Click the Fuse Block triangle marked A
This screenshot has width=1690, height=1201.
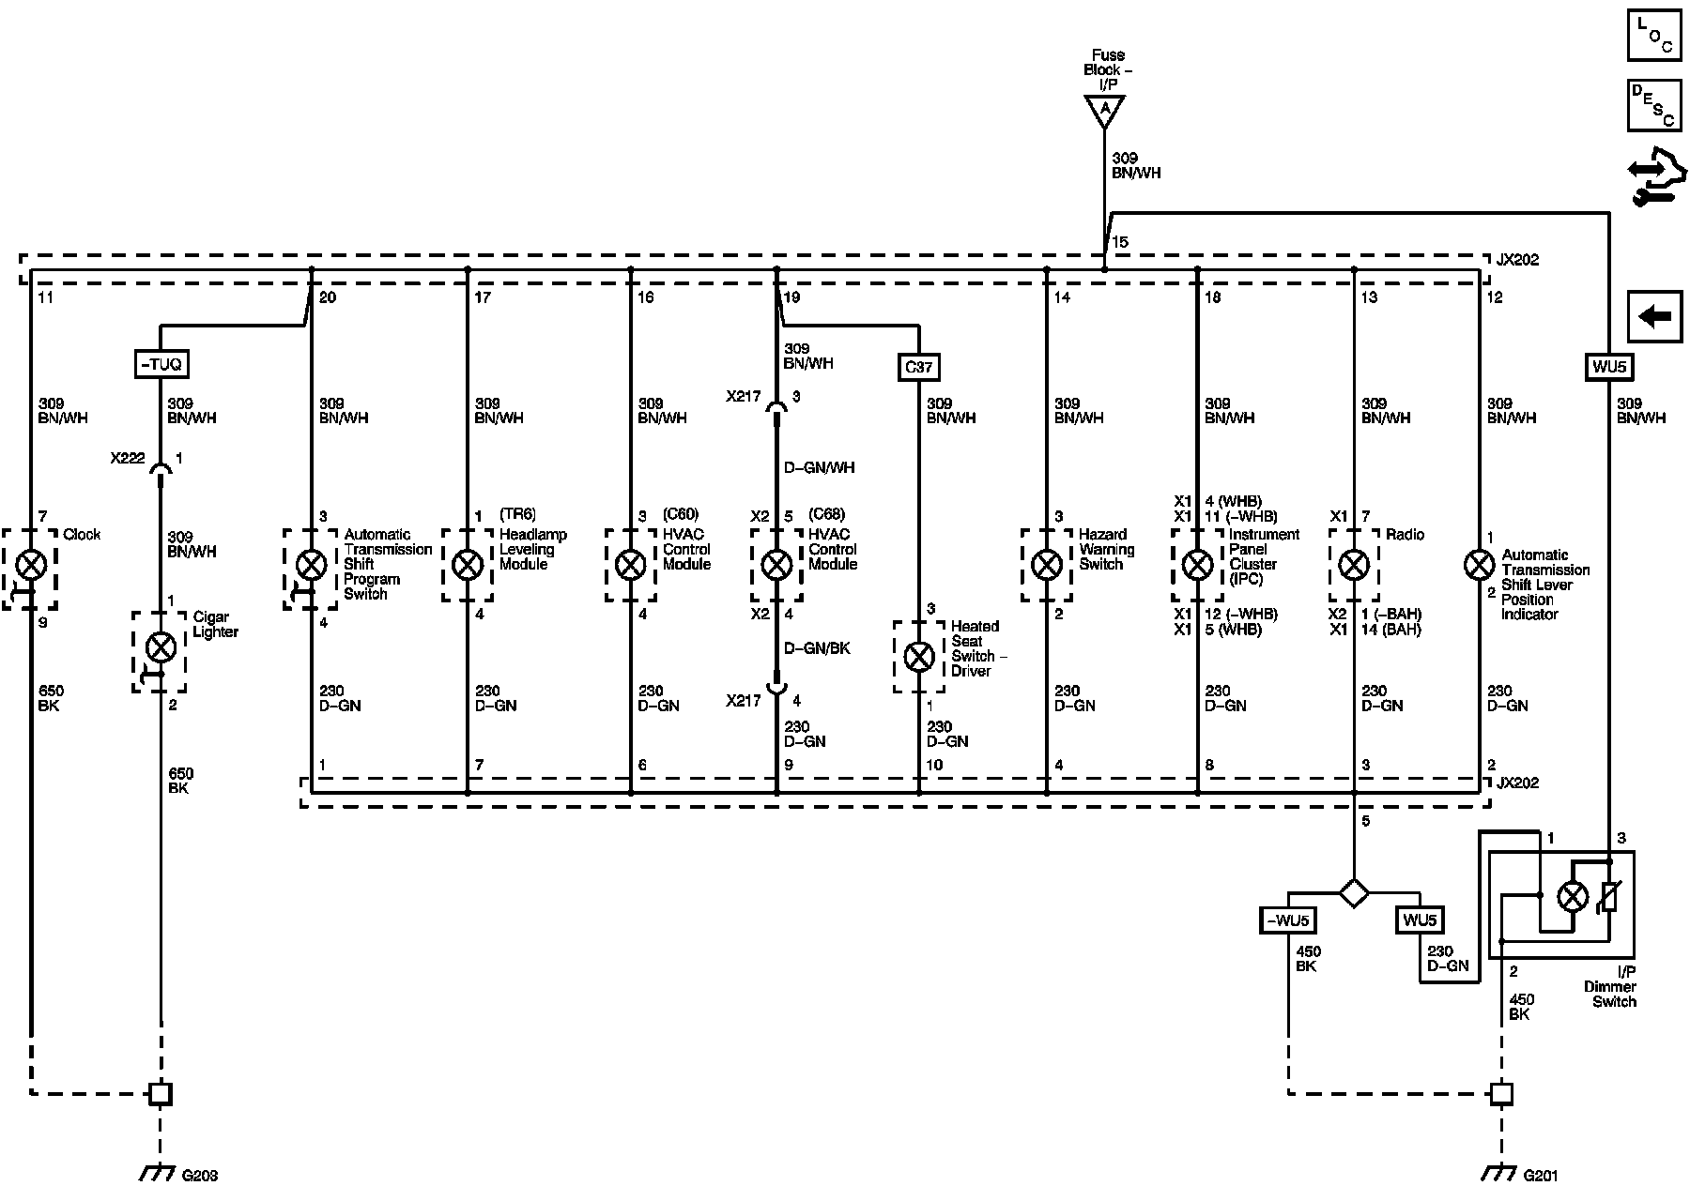coord(1105,111)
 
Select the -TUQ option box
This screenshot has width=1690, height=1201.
coord(161,363)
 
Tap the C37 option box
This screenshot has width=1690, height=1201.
coord(918,367)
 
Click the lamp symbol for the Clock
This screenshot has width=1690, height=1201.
coord(32,565)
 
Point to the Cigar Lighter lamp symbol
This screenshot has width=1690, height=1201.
coord(161,646)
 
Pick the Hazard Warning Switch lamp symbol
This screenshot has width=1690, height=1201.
coord(1046,565)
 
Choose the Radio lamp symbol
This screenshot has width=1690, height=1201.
coord(1353,565)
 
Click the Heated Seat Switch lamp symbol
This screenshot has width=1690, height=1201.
coord(918,657)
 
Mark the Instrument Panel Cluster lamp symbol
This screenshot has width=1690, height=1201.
coord(1197,565)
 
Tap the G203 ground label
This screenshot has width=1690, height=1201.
coord(199,1176)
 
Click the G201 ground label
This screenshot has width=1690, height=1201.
coord(1541,1176)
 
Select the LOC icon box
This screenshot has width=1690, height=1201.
coord(1654,36)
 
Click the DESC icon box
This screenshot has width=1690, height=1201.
coord(1654,105)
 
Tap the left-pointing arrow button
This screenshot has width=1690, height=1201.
coord(1654,317)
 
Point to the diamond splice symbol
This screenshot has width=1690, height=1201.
coord(1353,892)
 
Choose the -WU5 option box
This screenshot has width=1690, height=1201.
coord(1287,920)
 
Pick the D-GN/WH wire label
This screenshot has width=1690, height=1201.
coord(820,467)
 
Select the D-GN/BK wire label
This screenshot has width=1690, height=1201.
coord(817,648)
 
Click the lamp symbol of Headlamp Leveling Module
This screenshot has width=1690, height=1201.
coord(468,565)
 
